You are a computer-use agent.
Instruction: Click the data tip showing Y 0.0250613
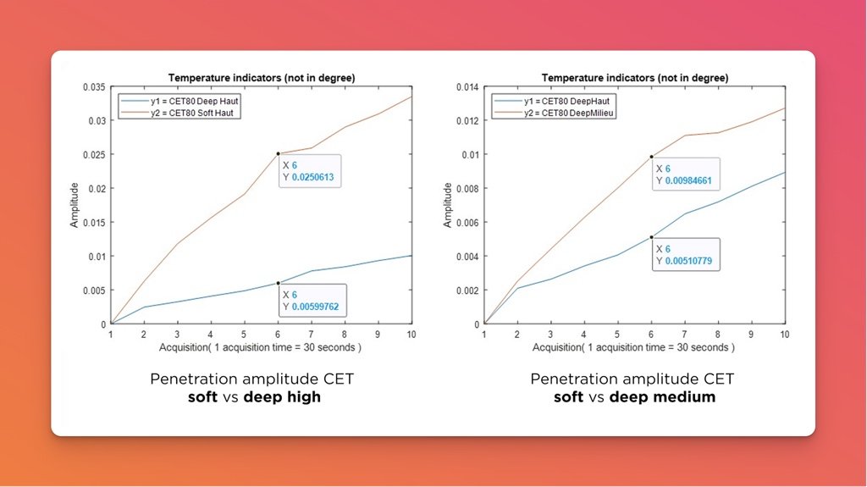click(x=310, y=171)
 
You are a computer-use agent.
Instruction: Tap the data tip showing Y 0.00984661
click(x=684, y=174)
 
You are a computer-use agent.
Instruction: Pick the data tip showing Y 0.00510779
click(x=684, y=254)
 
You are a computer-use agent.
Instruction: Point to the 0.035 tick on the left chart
click(x=94, y=86)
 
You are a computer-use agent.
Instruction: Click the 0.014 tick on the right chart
click(x=467, y=86)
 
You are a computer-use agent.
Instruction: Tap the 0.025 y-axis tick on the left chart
click(x=94, y=154)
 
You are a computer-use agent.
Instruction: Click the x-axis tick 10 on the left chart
click(x=411, y=335)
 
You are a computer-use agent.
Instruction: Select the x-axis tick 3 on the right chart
click(x=550, y=335)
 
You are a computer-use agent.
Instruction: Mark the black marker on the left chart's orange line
click(x=278, y=153)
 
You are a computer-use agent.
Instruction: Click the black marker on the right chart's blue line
click(x=651, y=237)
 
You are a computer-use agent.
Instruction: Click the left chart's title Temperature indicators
click(x=261, y=77)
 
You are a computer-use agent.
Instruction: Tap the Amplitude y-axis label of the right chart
click(x=448, y=205)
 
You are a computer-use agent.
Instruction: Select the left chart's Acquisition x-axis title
click(x=260, y=348)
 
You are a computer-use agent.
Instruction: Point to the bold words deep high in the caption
click(x=282, y=396)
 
